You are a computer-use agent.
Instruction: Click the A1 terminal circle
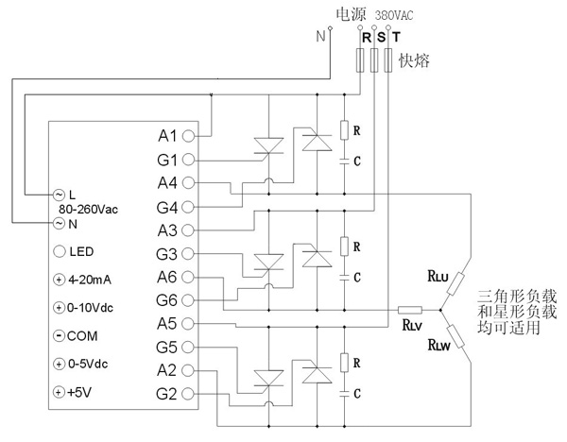189,135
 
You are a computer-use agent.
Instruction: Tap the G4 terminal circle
189,206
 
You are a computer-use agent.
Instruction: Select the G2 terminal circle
189,392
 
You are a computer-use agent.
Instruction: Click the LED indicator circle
60,251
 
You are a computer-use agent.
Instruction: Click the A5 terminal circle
189,322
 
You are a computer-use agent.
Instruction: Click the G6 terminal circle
189,299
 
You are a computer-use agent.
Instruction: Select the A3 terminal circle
189,229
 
